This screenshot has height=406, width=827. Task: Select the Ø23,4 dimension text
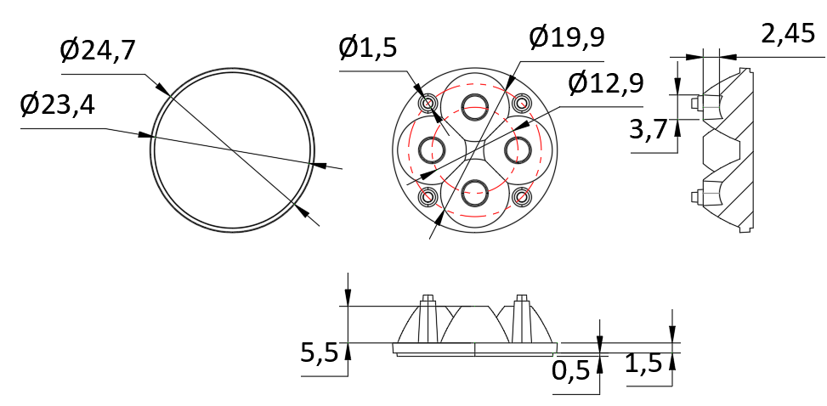pos(58,106)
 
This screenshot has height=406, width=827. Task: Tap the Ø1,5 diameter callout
pos(367,48)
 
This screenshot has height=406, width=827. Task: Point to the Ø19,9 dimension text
pos(566,38)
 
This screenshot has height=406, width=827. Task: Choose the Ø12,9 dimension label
pos(606,84)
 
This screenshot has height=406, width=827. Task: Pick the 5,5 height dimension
pos(319,352)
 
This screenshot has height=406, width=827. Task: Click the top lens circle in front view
pos(474,105)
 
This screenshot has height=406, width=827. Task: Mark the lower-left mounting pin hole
pos(428,197)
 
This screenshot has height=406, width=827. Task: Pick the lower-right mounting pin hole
pos(521,197)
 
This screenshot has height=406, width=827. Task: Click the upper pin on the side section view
pos(697,103)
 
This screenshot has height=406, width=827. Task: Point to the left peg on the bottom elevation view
pos(428,299)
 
